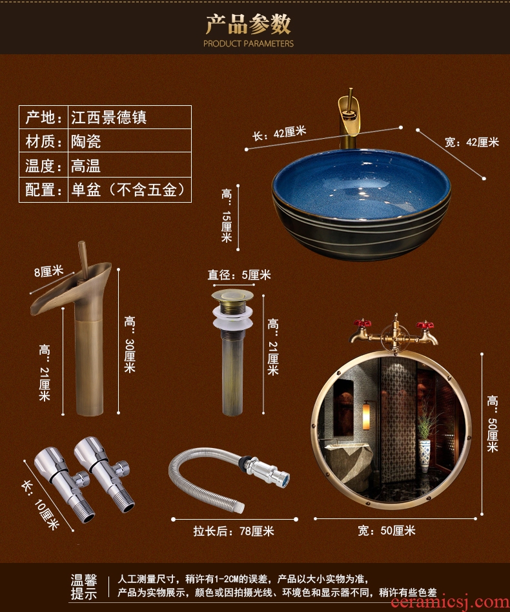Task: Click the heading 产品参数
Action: (x=248, y=24)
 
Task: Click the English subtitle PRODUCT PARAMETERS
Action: (x=248, y=43)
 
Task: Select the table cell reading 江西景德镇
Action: (x=108, y=117)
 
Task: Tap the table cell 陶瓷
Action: (x=86, y=141)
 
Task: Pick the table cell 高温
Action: (x=86, y=165)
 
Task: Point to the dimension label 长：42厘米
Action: (x=279, y=133)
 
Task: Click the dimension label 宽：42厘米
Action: (x=472, y=142)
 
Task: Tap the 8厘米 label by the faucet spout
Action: (x=48, y=271)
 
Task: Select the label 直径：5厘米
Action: (x=239, y=275)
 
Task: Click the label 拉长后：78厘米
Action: (x=234, y=531)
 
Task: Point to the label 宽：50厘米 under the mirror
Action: (x=387, y=531)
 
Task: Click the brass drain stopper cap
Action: (x=232, y=296)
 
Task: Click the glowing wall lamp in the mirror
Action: (x=366, y=417)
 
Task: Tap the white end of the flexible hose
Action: (x=240, y=508)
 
